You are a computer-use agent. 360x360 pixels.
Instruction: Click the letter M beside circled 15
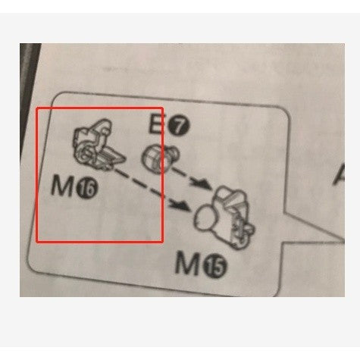tap(187, 265)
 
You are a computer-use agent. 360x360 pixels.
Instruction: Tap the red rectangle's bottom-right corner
tap(163, 242)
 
